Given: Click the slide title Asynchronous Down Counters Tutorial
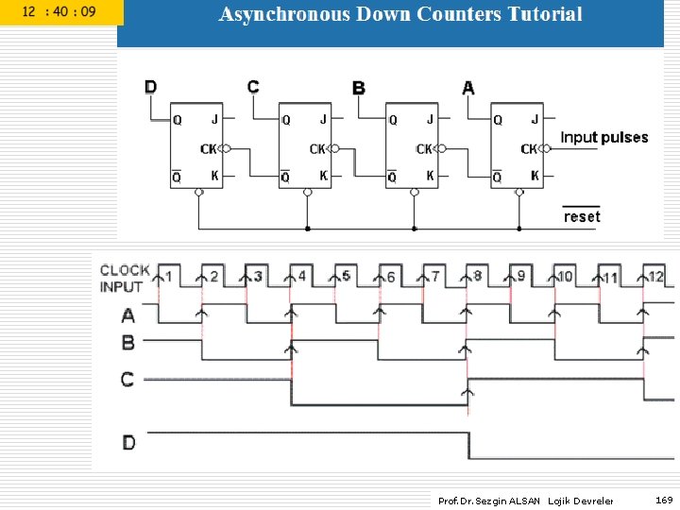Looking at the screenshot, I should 400,14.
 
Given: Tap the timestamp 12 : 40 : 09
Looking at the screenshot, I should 59,12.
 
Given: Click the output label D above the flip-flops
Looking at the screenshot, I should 151,87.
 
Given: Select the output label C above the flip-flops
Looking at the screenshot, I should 253,87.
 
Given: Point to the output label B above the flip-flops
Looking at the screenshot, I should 359,88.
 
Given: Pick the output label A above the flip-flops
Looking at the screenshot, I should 468,88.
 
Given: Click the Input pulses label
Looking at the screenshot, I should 604,138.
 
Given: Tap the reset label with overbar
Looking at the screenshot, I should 582,216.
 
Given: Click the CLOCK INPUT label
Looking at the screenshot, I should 125,278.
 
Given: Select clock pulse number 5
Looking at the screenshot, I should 346,276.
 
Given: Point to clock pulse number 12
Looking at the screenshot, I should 655,277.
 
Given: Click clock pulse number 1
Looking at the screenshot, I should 168,277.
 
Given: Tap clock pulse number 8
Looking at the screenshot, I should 477,276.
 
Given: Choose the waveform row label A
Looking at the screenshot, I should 128,315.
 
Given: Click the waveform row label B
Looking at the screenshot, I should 128,343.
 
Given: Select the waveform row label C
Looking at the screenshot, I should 127,380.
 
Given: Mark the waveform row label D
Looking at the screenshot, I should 128,441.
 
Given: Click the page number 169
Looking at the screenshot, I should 664,500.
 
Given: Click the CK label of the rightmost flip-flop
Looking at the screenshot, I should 529,149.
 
